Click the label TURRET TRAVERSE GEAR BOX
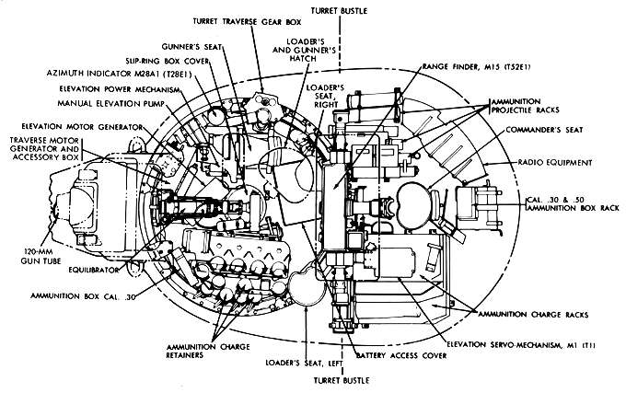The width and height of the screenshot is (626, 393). click(249, 19)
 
